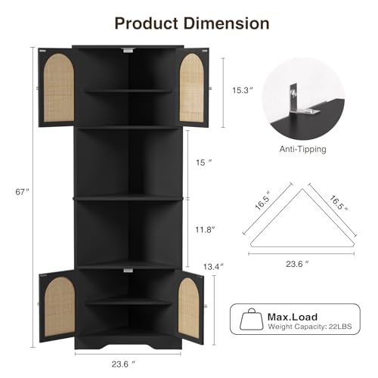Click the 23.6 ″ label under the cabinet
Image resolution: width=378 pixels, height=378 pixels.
tap(125, 362)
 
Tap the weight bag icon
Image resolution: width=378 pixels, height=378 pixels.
tap(253, 320)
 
